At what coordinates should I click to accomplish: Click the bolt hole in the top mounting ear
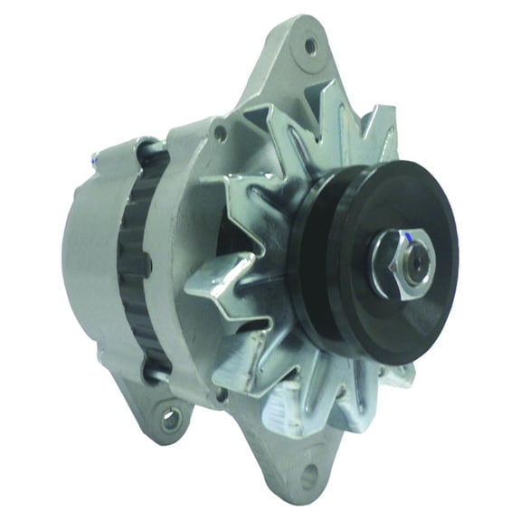pos(310,43)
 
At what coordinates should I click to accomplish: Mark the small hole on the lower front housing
pos(220,394)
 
